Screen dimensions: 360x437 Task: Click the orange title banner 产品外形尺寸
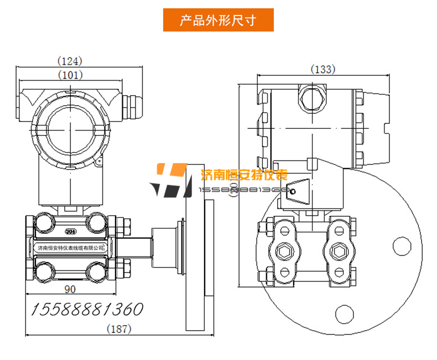[218, 20]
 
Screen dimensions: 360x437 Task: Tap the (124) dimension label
[70, 60]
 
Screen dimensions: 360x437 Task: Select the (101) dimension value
[70, 74]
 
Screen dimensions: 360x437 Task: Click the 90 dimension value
[70, 289]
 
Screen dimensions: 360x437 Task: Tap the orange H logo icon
[169, 180]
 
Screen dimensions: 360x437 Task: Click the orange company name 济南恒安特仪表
[243, 176]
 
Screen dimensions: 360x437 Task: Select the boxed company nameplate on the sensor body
[70, 248]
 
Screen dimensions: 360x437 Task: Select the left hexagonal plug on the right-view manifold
[285, 252]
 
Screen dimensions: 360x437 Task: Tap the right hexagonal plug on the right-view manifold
[338, 252]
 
